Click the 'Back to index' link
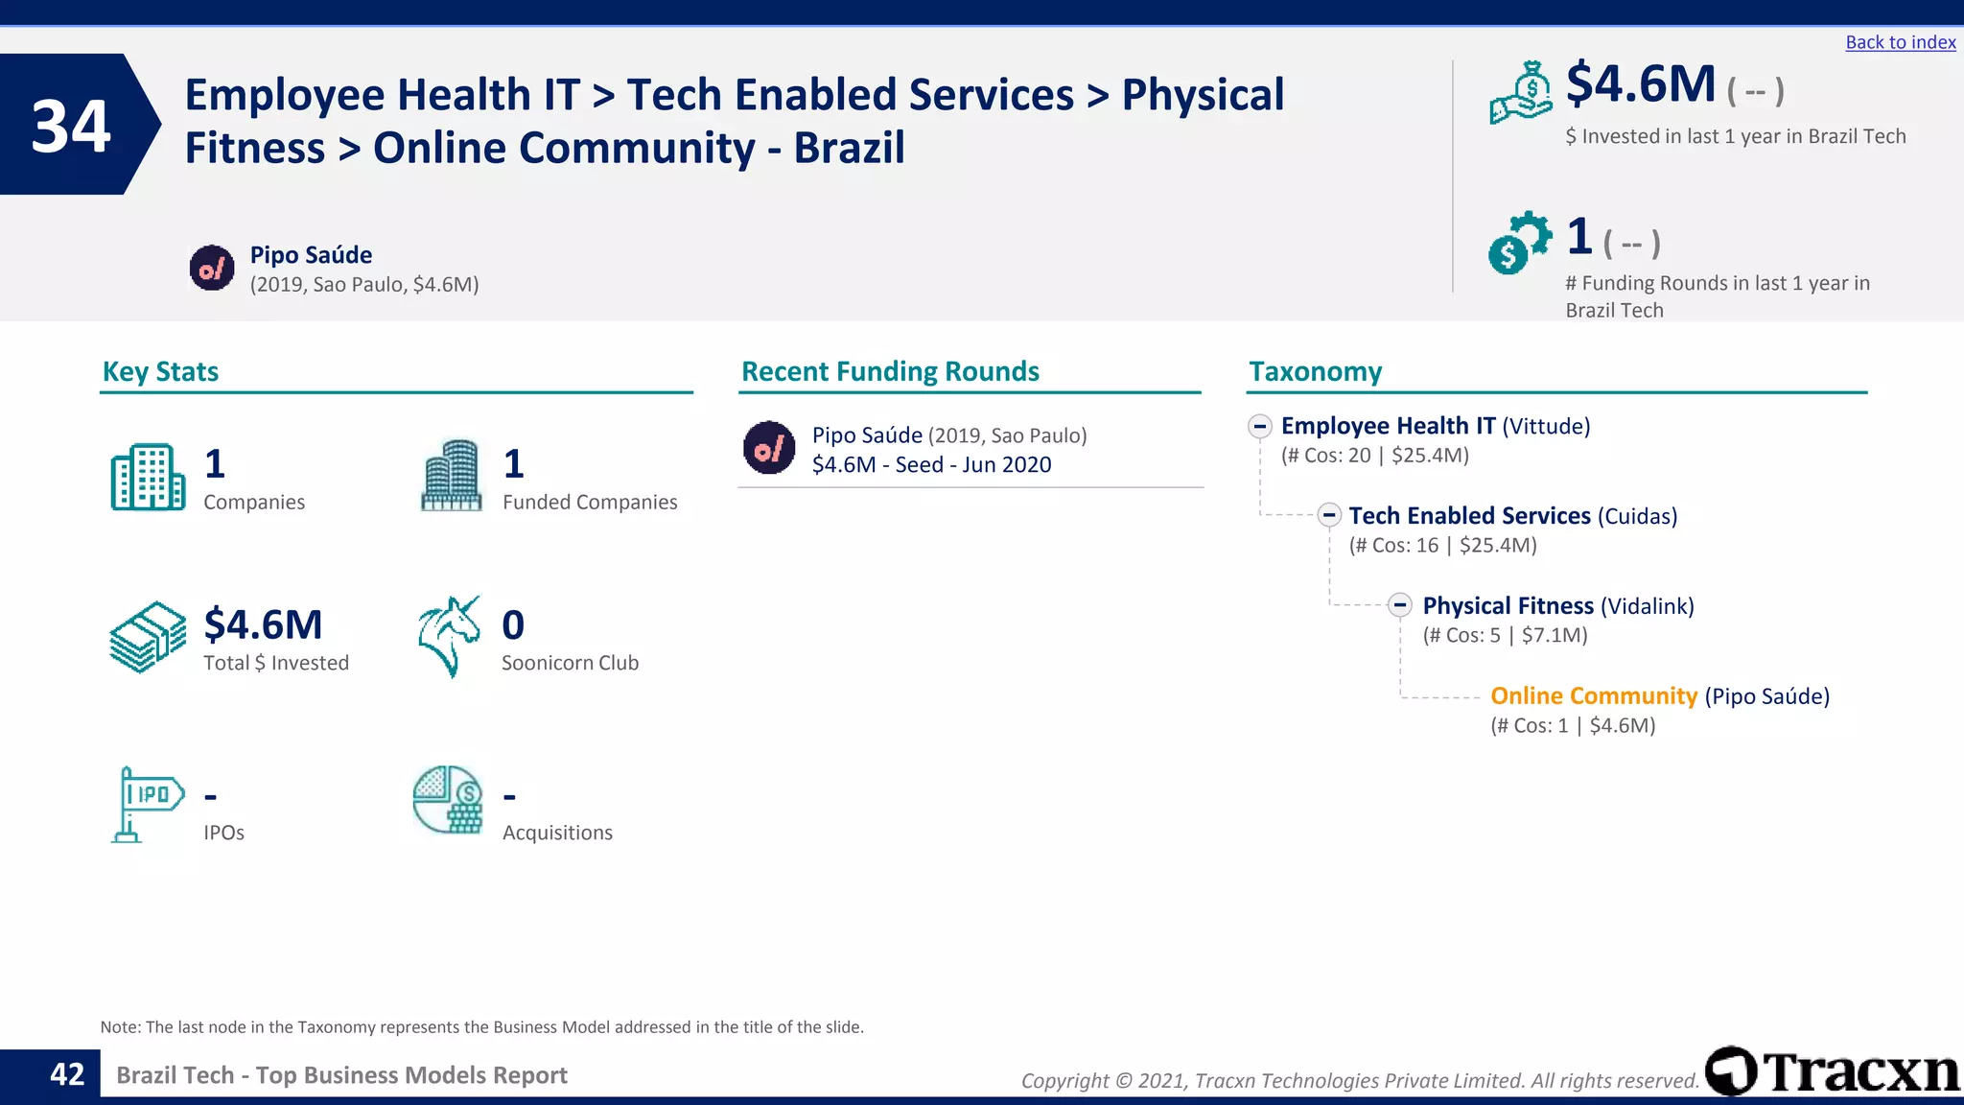1900,42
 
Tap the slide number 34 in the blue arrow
71,127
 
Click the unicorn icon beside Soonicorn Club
449,636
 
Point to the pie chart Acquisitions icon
448,800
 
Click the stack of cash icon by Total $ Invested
148,637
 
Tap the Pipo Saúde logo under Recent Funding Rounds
769,448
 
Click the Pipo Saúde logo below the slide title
212,268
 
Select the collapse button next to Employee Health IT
1260,426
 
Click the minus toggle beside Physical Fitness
1400,605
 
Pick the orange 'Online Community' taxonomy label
1593,695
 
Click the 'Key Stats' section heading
160,371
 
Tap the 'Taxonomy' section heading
1315,371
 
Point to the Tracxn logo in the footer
1833,1071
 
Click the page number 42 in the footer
67,1074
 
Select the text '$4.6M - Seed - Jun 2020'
931,465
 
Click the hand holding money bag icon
1521,93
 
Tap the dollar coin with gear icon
1519,243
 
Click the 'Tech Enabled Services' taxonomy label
1469,516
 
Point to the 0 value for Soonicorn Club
513,625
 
